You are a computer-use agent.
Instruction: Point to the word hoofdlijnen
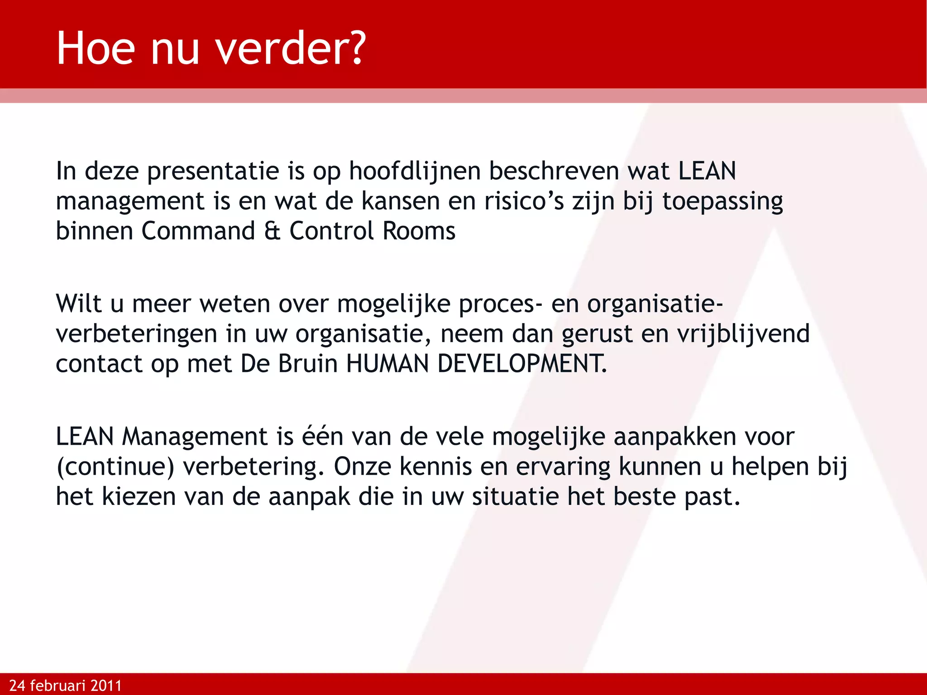point(415,171)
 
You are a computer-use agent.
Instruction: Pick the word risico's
point(524,201)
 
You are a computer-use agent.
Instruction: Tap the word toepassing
point(722,201)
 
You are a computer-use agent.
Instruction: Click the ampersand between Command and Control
point(272,231)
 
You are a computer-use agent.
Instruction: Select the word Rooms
point(419,231)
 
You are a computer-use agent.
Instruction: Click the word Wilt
point(78,304)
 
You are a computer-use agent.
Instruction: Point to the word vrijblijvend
point(743,334)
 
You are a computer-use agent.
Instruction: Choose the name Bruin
point(307,364)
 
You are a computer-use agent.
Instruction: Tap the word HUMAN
point(387,364)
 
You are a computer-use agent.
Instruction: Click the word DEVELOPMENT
point(522,364)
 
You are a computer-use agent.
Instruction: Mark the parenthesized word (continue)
point(115,467)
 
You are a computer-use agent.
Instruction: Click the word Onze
point(362,467)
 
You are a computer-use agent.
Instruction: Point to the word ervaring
point(563,467)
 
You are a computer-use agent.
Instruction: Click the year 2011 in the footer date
point(106,685)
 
